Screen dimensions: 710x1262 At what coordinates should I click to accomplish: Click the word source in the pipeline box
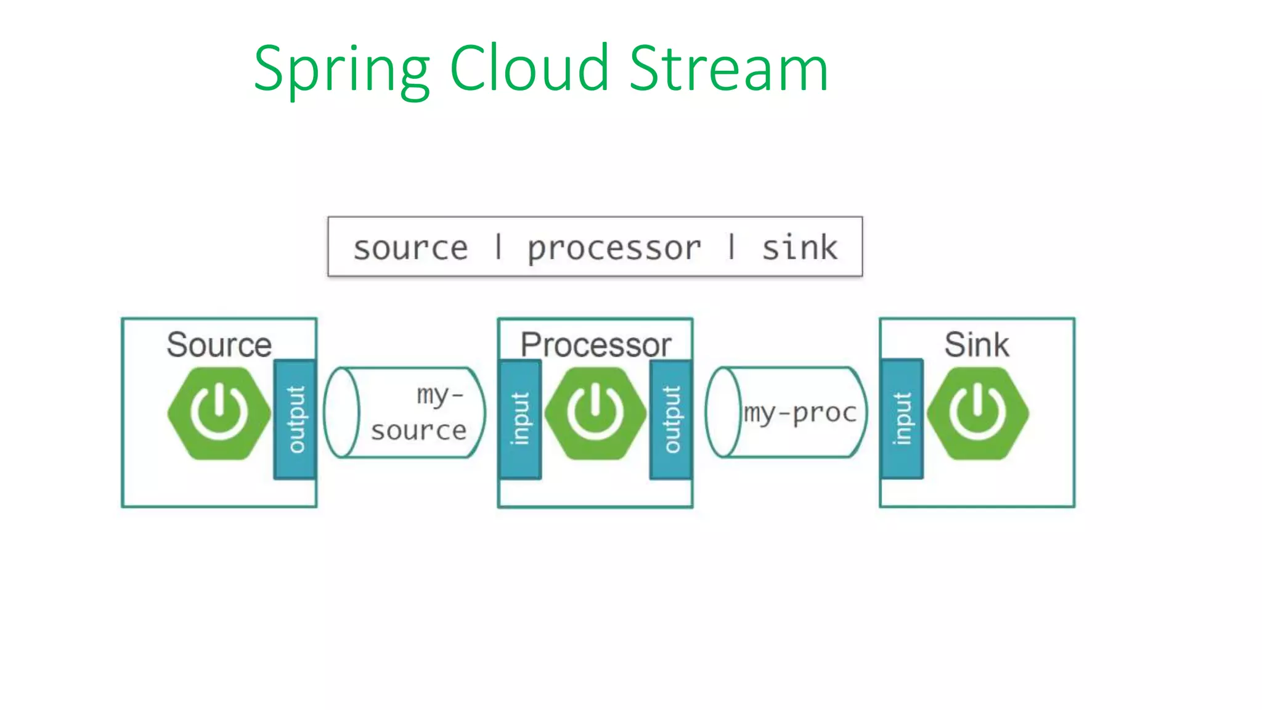pyautogui.click(x=410, y=248)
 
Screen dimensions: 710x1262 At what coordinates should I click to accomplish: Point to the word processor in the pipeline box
pyautogui.click(x=614, y=248)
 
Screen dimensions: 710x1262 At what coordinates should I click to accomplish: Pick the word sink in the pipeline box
pyautogui.click(x=799, y=248)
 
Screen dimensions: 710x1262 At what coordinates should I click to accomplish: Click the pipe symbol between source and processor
pyautogui.click(x=499, y=247)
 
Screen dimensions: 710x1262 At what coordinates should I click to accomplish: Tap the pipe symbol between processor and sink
pyautogui.click(x=731, y=247)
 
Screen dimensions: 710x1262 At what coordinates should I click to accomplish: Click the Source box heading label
pyautogui.click(x=219, y=344)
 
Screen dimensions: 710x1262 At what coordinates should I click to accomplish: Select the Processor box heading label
pyautogui.click(x=595, y=344)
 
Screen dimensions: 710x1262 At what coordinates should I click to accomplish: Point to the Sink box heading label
pyautogui.click(x=977, y=344)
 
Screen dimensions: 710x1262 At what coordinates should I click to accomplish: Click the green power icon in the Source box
pyautogui.click(x=219, y=414)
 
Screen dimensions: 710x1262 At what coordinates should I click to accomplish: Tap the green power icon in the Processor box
pyautogui.click(x=595, y=414)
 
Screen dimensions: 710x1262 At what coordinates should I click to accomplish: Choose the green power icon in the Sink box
pyautogui.click(x=977, y=414)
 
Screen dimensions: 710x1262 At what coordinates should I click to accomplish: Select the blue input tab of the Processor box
pyautogui.click(x=520, y=419)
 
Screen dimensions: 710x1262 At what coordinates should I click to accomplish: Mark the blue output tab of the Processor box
pyautogui.click(x=671, y=419)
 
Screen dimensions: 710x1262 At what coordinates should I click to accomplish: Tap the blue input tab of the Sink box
pyautogui.click(x=902, y=419)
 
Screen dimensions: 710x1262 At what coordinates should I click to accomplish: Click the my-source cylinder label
pyautogui.click(x=419, y=412)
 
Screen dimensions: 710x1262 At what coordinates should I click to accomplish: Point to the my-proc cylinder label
pyautogui.click(x=800, y=412)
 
